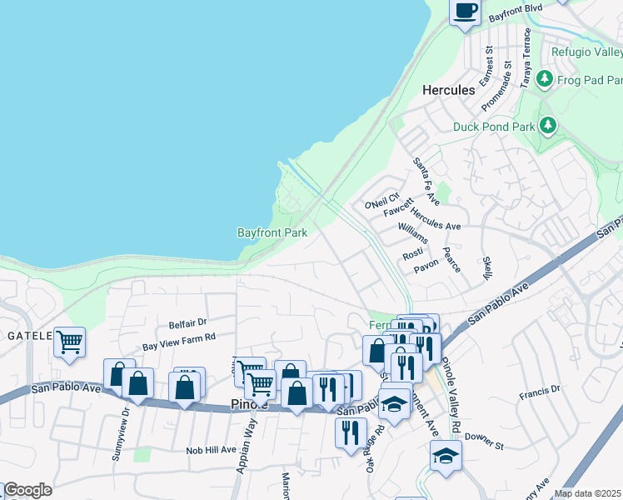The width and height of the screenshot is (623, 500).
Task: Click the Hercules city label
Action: [448, 89]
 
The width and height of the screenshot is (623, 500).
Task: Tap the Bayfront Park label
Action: [272, 233]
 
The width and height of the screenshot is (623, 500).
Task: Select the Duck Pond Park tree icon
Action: [547, 126]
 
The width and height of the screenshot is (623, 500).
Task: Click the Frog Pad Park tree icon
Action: [545, 79]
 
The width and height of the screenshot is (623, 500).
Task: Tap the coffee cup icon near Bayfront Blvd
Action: [466, 12]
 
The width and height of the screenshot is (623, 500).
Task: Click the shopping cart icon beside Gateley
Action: [70, 341]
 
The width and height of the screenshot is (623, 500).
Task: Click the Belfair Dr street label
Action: [187, 322]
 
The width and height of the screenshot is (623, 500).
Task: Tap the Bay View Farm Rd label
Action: [179, 341]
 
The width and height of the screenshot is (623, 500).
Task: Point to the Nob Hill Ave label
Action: [211, 450]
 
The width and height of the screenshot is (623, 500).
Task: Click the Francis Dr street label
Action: [539, 390]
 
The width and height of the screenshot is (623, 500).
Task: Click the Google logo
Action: [27, 490]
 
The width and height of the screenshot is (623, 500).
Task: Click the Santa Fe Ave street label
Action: [426, 182]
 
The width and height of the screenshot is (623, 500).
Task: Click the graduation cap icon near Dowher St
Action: [446, 456]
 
